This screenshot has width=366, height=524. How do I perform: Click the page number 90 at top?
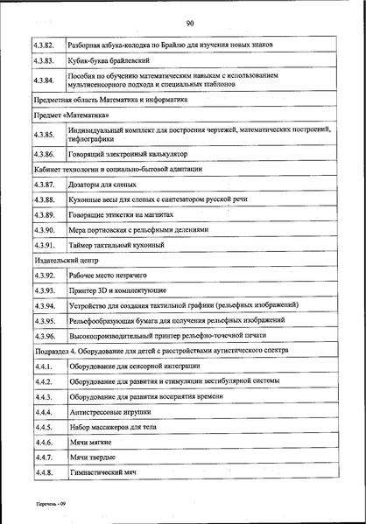[189, 24]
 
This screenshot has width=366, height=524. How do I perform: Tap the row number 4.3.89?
[45, 214]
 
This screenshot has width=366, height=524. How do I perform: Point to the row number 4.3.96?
[45, 335]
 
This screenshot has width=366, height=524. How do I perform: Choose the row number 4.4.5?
[45, 427]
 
